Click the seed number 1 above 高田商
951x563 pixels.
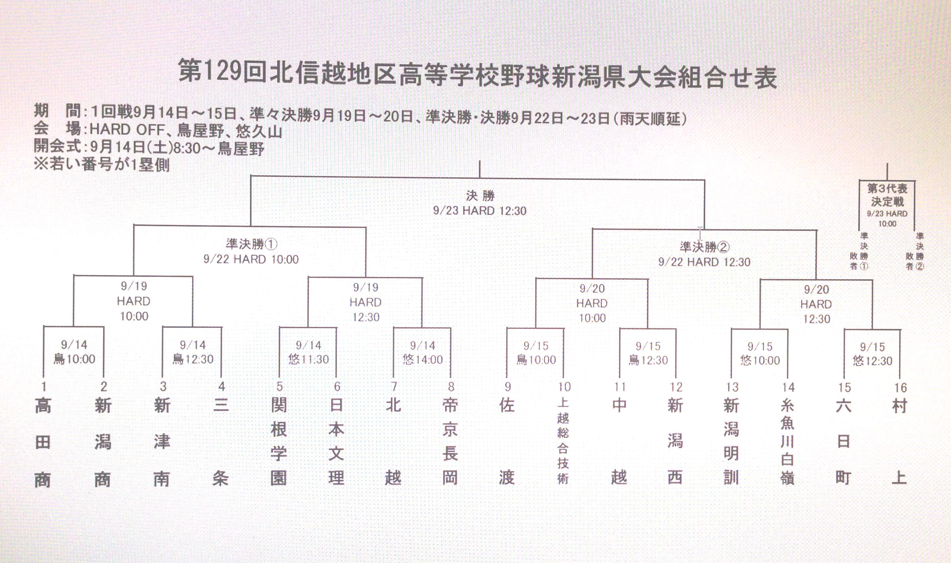44,386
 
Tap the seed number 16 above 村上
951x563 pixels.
901,387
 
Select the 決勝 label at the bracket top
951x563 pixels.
480,196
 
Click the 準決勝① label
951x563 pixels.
251,244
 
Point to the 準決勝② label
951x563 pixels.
704,247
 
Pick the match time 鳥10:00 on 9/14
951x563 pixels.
74,359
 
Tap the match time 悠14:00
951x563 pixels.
423,359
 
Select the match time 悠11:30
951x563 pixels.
308,359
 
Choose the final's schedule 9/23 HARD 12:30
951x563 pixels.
480,211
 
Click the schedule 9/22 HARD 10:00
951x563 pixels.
251,260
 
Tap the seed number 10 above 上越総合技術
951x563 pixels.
564,387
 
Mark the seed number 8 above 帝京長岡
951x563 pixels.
451,387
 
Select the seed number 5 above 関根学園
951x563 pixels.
279,387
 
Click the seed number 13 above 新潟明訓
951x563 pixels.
732,387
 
